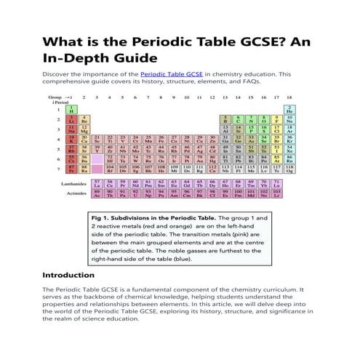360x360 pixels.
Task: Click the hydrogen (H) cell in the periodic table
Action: point(72,108)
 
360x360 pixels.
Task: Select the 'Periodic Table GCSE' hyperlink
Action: point(171,73)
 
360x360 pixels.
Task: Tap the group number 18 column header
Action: point(289,97)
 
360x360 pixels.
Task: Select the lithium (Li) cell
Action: point(72,119)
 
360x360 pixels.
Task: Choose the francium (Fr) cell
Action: point(72,169)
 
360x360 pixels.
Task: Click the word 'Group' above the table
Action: point(55,97)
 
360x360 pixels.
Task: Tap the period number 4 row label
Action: point(57,138)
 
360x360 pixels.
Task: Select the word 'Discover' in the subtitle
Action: point(60,73)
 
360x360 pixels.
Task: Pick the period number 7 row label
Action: point(57,169)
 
